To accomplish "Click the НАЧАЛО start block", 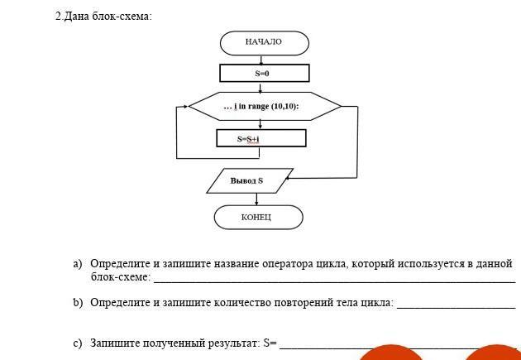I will click(264, 42).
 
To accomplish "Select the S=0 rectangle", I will click(264, 74).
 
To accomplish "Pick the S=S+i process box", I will click(260, 138).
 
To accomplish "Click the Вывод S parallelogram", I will click(249, 180).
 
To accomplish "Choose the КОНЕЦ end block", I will click(256, 217).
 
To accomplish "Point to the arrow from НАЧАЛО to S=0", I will click(261, 60).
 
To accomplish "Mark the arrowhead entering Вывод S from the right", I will click(289, 177).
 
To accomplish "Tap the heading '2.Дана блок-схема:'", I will click(103, 17).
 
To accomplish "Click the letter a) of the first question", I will click(77, 264).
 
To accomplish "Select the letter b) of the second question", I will click(77, 303).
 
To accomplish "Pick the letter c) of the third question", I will click(77, 342).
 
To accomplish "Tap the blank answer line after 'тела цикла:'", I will click(456, 305).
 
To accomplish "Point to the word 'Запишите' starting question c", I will click(115, 342).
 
